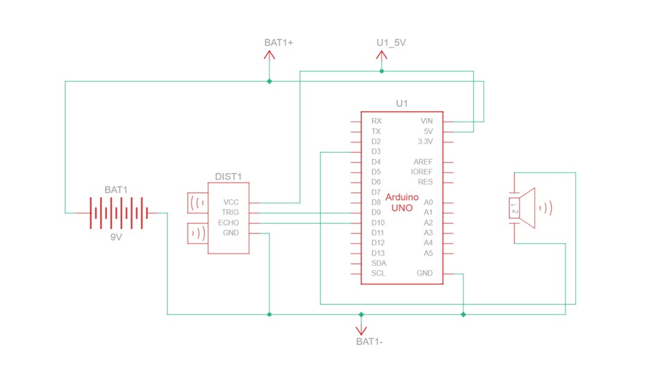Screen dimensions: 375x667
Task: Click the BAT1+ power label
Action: pyautogui.click(x=279, y=42)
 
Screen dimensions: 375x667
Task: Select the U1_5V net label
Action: pyautogui.click(x=390, y=42)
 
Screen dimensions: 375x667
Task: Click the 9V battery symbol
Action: pyautogui.click(x=116, y=212)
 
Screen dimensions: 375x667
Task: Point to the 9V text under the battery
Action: pyautogui.click(x=116, y=236)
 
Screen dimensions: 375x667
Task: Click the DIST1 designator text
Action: pyautogui.click(x=227, y=177)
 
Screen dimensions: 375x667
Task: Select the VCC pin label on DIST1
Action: pyautogui.click(x=231, y=202)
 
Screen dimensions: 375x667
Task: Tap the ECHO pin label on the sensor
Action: pyautogui.click(x=229, y=222)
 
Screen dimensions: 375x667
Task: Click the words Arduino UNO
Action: pyautogui.click(x=402, y=202)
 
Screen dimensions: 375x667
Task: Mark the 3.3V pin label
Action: pyautogui.click(x=425, y=141)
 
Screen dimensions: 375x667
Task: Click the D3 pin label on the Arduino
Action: pyautogui.click(x=377, y=151)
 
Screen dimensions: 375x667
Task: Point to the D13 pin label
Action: pyautogui.click(x=378, y=253)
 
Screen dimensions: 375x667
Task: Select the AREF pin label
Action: pyautogui.click(x=422, y=162)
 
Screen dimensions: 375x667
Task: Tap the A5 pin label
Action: pyautogui.click(x=428, y=253)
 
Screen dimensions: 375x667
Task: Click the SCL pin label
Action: pyautogui.click(x=378, y=273)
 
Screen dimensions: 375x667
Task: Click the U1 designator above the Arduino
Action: pyautogui.click(x=402, y=103)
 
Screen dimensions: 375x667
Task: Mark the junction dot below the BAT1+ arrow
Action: pyautogui.click(x=270, y=81)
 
